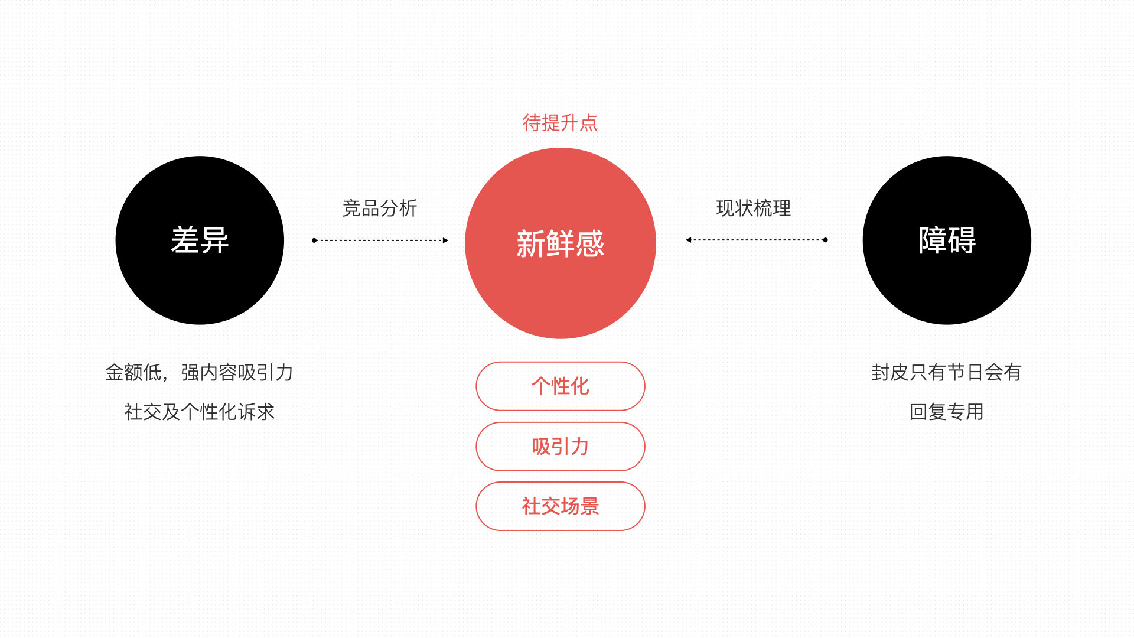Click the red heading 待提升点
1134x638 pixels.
(560, 123)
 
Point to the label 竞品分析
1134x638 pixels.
(380, 208)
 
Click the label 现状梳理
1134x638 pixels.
(753, 208)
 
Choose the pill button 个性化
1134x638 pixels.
(560, 386)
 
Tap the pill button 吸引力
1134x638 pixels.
(560, 447)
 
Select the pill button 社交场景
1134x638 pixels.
(560, 506)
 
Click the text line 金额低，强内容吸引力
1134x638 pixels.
(200, 373)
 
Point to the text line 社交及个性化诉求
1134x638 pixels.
(200, 412)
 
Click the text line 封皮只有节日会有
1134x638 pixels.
(946, 373)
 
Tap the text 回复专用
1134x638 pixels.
(946, 412)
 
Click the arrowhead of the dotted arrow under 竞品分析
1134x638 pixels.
(445, 240)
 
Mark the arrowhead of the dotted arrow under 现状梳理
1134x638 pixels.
(689, 240)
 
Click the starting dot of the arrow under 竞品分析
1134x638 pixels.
(314, 240)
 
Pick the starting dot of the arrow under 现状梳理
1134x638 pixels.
(825, 240)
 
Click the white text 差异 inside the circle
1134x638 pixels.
(200, 240)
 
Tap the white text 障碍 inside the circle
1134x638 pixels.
(947, 240)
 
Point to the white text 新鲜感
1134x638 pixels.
(560, 244)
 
